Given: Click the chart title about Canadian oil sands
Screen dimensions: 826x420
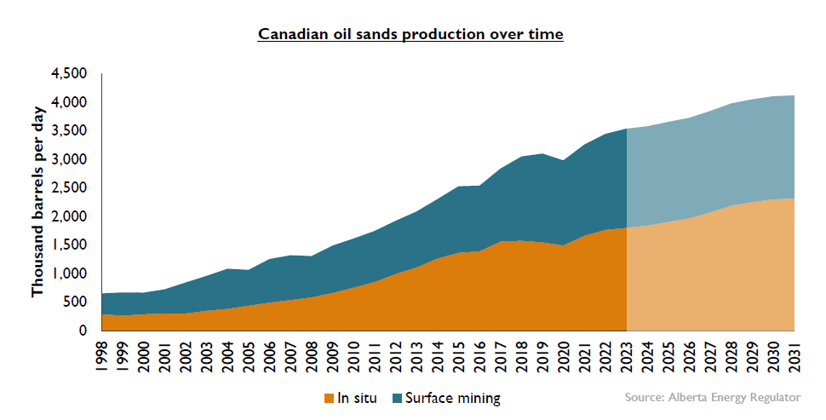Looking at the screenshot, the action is point(410,34).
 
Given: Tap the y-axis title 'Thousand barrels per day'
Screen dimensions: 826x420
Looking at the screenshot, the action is point(38,202).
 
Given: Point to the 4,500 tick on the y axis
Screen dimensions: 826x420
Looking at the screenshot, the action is point(68,73).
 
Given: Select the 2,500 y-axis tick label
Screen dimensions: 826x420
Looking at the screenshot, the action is point(68,187).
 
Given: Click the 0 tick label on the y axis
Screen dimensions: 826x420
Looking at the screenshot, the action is point(83,331).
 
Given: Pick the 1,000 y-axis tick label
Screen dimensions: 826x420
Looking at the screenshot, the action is point(68,273).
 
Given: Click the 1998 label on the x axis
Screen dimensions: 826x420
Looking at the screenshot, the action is point(102,357).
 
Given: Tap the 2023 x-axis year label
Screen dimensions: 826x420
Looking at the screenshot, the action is point(627,357).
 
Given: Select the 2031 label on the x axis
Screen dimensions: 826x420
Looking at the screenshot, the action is point(794,357).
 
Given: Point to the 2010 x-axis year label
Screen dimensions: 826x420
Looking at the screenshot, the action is point(354,357).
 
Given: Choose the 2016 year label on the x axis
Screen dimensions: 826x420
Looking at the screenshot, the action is point(480,357).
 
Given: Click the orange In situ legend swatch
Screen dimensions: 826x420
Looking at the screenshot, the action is point(330,399).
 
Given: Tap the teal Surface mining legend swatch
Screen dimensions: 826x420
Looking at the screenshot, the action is point(397,399).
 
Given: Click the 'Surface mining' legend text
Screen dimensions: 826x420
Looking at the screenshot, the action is point(452,399).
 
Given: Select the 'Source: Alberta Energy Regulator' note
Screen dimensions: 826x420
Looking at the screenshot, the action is point(713,397).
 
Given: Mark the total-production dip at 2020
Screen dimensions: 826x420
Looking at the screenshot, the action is point(564,160).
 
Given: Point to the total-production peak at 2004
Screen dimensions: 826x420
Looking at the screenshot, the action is point(228,268).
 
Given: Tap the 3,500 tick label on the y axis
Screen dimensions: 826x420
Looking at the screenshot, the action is point(68,130).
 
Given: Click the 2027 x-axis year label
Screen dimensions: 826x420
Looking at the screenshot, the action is point(711,357).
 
